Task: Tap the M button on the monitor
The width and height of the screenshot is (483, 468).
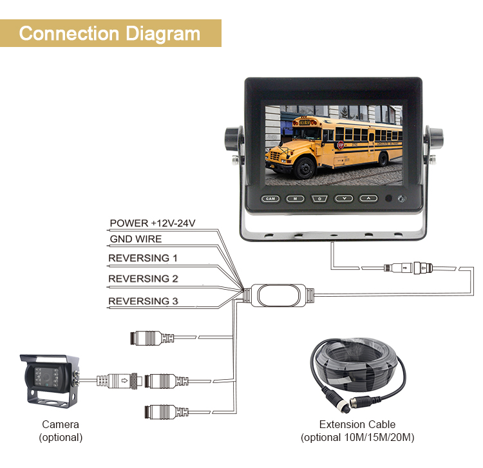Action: [295, 199]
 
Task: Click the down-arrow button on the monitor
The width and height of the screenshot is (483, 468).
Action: [344, 199]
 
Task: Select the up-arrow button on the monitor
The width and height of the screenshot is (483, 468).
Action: [368, 199]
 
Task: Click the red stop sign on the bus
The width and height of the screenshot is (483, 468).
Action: [340, 145]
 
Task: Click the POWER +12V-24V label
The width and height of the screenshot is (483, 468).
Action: [153, 223]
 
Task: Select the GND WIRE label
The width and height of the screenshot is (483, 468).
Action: [135, 239]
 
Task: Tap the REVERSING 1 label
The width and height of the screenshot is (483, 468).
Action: [143, 259]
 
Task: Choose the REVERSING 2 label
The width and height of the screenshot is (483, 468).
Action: [143, 279]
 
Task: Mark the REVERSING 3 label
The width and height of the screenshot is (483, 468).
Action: [143, 301]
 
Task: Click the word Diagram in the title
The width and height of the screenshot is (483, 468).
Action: [163, 33]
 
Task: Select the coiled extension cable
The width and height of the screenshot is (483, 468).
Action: [360, 374]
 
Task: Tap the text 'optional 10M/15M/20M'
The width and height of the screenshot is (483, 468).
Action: [357, 438]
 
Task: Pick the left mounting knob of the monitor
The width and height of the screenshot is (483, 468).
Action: [232, 138]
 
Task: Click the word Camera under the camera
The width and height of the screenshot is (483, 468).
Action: [61, 425]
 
